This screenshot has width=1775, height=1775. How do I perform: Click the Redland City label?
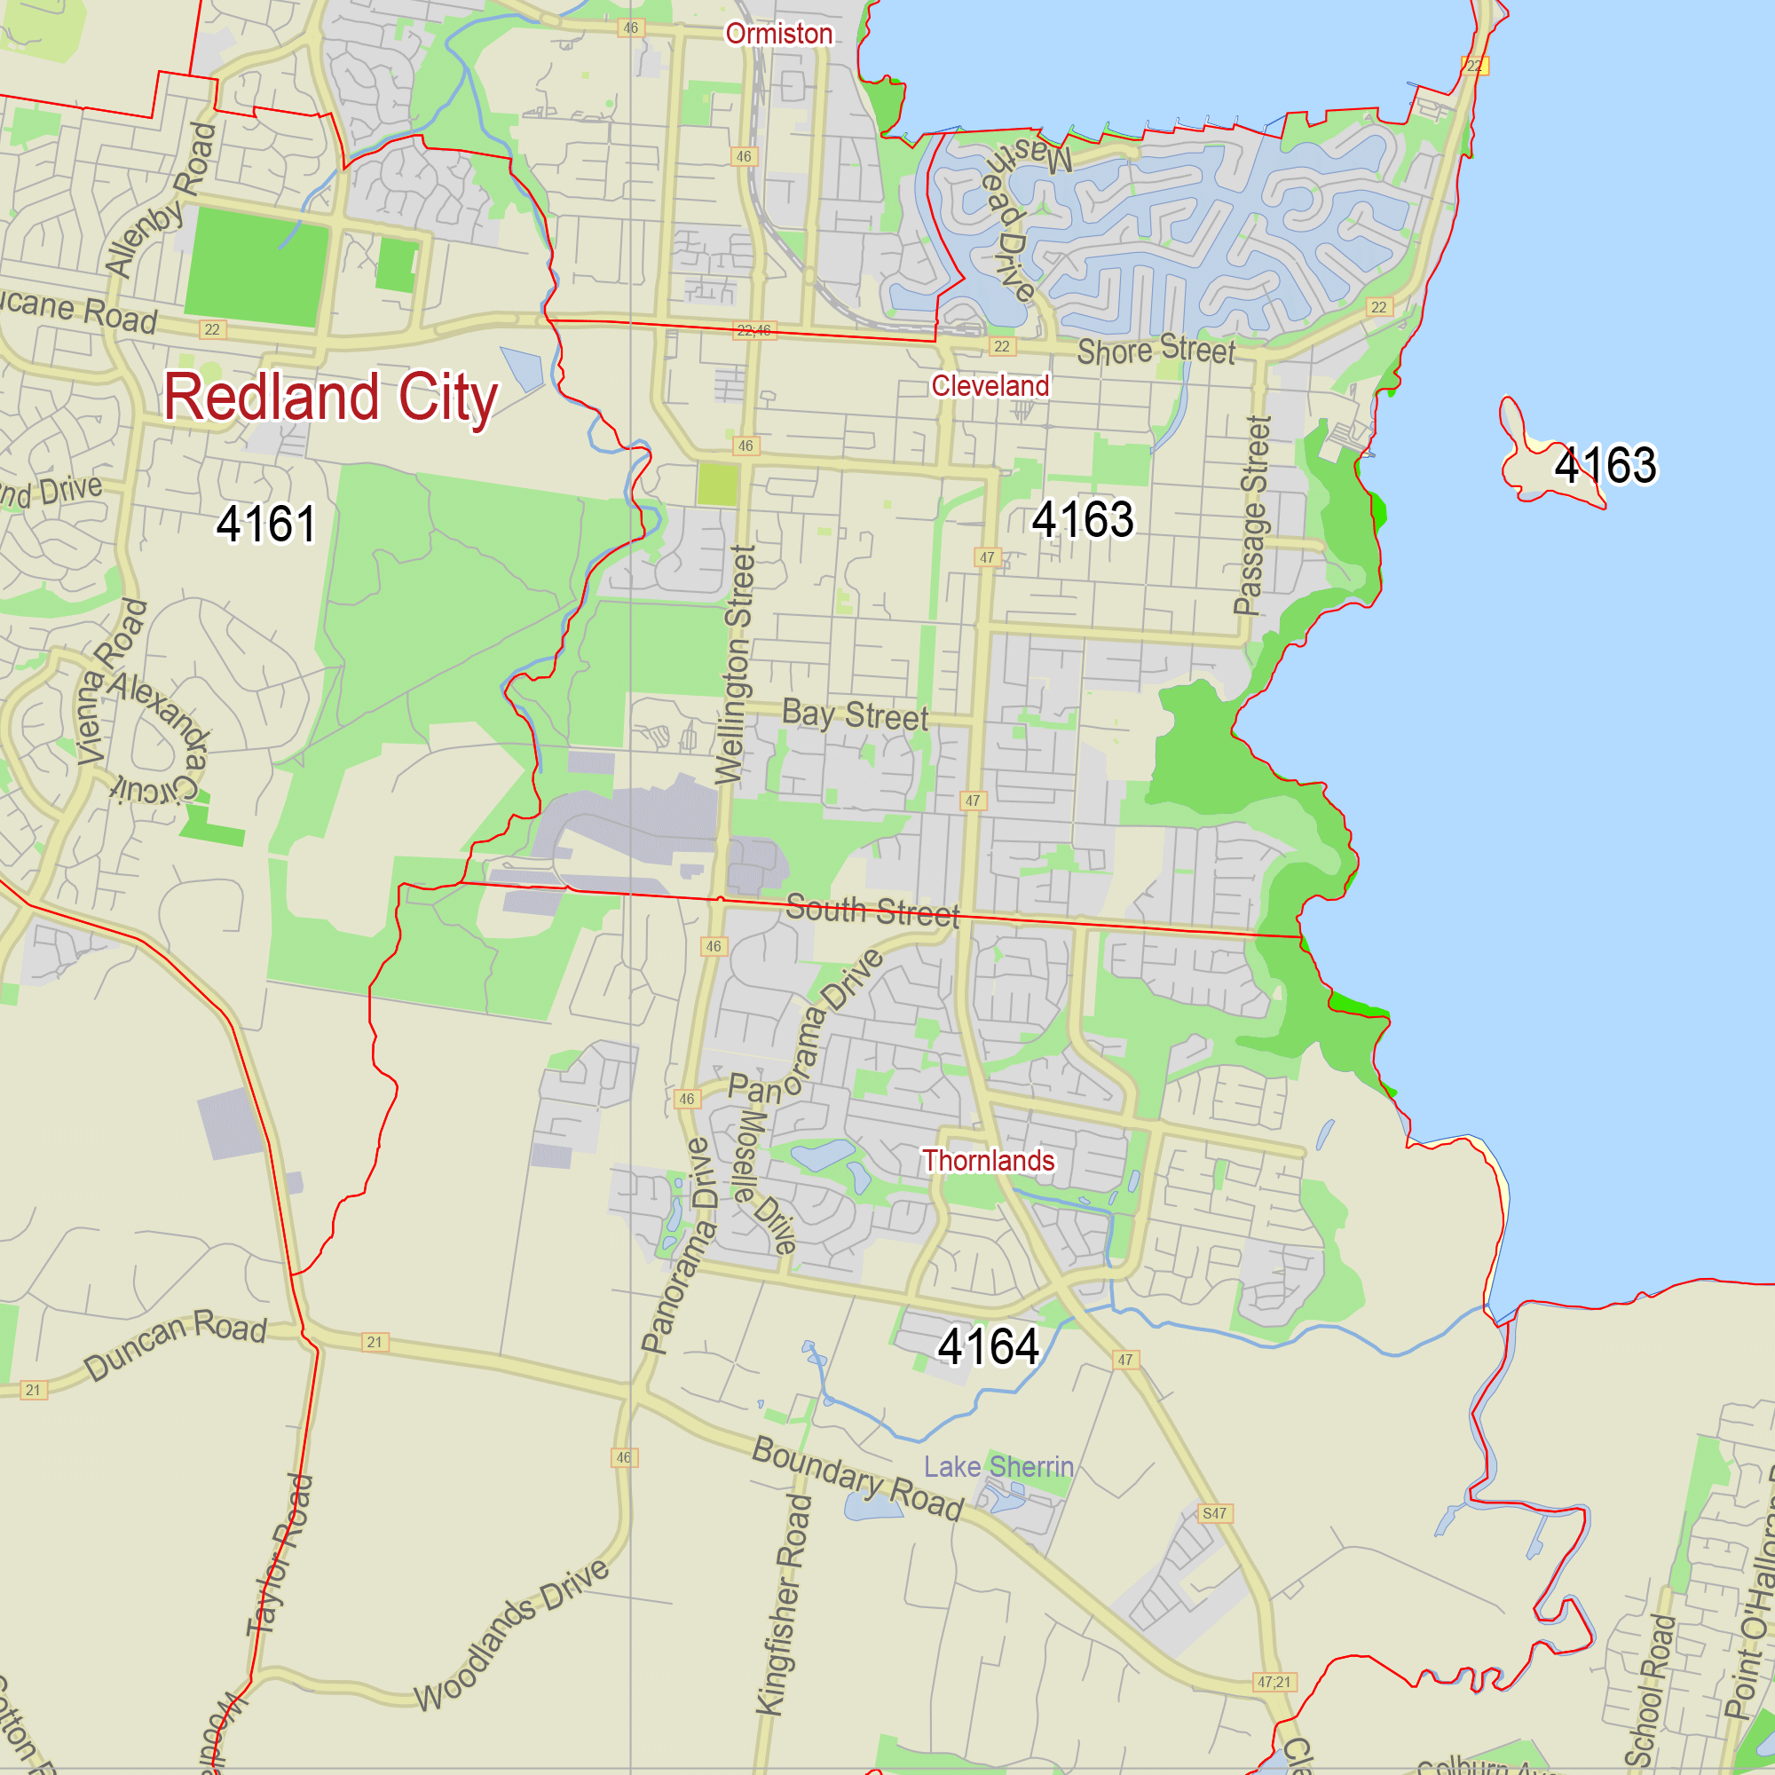330,397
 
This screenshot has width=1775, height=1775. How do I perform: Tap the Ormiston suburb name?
779,34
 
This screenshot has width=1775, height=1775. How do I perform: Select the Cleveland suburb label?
990,386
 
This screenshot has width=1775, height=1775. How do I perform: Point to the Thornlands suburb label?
989,1160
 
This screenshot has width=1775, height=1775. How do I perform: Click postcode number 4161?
266,524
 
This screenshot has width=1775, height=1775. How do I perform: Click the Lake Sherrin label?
998,1466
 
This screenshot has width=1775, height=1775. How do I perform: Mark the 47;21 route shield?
1274,1682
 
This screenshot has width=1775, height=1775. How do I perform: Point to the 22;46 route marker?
753,331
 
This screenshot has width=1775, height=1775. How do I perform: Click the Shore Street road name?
1156,350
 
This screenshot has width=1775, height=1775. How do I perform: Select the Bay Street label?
855,714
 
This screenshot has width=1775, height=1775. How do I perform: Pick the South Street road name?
872,911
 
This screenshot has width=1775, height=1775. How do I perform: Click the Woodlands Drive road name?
512,1635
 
